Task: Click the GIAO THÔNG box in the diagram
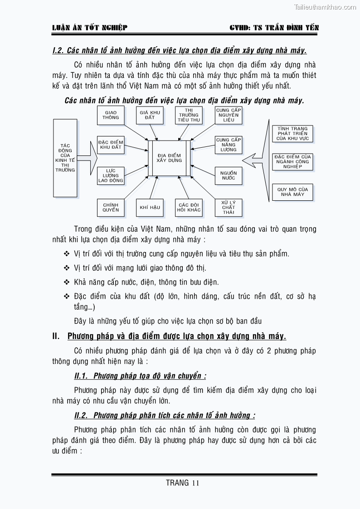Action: coord(111,115)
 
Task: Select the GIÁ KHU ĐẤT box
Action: coord(150,115)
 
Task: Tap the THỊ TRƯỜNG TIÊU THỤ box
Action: coord(189,115)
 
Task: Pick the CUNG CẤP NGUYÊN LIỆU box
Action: coord(228,115)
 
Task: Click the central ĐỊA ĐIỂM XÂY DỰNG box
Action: coord(169,158)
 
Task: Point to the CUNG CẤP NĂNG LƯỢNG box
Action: coord(228,145)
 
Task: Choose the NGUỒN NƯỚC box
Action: coord(228,175)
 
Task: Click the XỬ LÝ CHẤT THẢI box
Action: coord(228,208)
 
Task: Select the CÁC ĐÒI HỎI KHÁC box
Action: coord(189,208)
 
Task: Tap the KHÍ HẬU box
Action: coord(150,208)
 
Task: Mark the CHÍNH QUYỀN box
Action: coord(111,208)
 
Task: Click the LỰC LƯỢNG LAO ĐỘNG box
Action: coord(111,175)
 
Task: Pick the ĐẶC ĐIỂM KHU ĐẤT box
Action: coord(111,145)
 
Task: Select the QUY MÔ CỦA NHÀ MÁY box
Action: coord(292,192)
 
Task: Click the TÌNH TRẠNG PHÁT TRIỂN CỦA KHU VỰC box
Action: coord(292,134)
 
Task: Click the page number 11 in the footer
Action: coord(195,483)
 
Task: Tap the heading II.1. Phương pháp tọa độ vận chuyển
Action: coord(140,376)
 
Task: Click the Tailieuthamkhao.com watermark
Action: coord(325,7)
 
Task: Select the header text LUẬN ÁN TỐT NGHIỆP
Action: coord(90,28)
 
